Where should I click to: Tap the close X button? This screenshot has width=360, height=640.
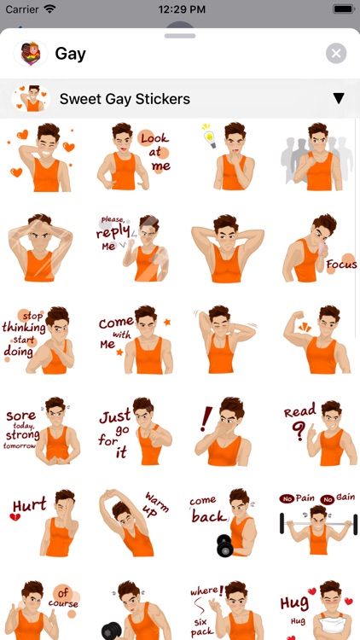336,54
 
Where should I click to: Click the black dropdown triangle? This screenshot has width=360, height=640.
339,99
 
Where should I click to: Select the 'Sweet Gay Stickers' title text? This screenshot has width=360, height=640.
125,99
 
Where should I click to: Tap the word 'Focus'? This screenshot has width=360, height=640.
341,265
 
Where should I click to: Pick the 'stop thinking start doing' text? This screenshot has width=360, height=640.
24,334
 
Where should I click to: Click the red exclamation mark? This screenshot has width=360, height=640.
206,418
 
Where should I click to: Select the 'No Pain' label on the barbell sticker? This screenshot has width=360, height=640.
299,497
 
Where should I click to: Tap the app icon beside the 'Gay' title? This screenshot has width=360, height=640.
29,54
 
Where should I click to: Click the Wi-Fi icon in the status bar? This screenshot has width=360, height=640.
49,9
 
